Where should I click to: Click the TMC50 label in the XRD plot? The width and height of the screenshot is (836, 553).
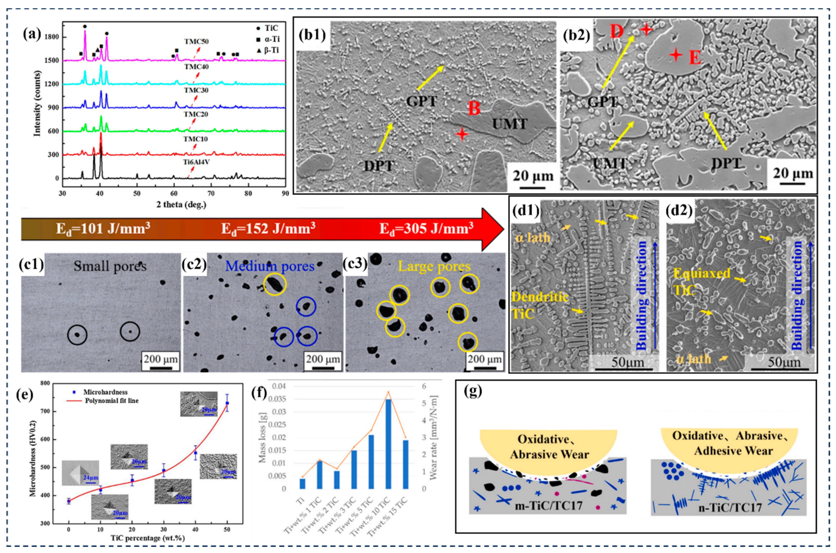click(196, 42)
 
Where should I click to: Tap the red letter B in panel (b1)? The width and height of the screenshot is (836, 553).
click(474, 108)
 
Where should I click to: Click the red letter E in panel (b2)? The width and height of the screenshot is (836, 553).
click(695, 58)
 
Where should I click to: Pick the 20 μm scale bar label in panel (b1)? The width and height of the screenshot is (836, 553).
click(533, 176)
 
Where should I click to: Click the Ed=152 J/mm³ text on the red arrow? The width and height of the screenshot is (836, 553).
click(268, 229)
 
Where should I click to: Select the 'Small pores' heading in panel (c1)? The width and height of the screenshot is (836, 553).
click(110, 266)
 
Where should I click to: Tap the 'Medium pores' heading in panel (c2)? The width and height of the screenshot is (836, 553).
click(270, 266)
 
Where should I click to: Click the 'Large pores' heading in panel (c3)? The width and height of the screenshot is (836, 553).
click(434, 266)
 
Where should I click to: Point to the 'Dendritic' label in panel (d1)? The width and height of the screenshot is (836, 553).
click(539, 297)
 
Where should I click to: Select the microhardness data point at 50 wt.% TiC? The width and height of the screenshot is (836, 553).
click(227, 403)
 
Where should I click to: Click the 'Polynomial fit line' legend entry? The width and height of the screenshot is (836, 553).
click(111, 401)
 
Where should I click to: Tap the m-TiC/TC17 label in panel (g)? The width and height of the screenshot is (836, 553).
click(549, 505)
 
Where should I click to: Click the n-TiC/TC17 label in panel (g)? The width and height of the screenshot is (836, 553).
click(730, 508)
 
